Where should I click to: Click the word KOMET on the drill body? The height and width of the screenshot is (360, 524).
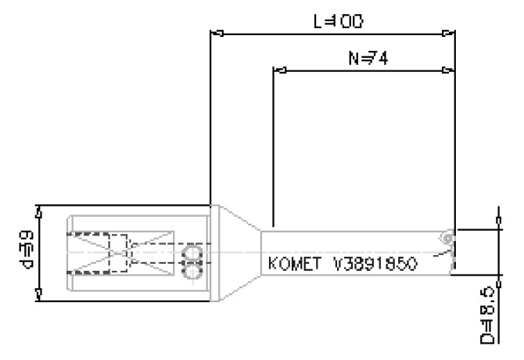point(293,264)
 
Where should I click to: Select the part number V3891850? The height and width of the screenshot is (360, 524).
point(375,264)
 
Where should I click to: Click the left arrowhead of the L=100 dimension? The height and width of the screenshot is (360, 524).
point(218,34)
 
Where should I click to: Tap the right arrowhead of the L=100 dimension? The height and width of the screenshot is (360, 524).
point(447,34)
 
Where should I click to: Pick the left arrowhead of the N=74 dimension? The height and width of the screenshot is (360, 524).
point(279,70)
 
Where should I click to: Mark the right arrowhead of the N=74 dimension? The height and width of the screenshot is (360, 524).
point(447,70)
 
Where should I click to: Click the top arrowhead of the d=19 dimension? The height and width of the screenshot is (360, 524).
point(40,211)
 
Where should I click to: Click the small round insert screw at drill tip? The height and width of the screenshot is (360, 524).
point(446,237)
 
